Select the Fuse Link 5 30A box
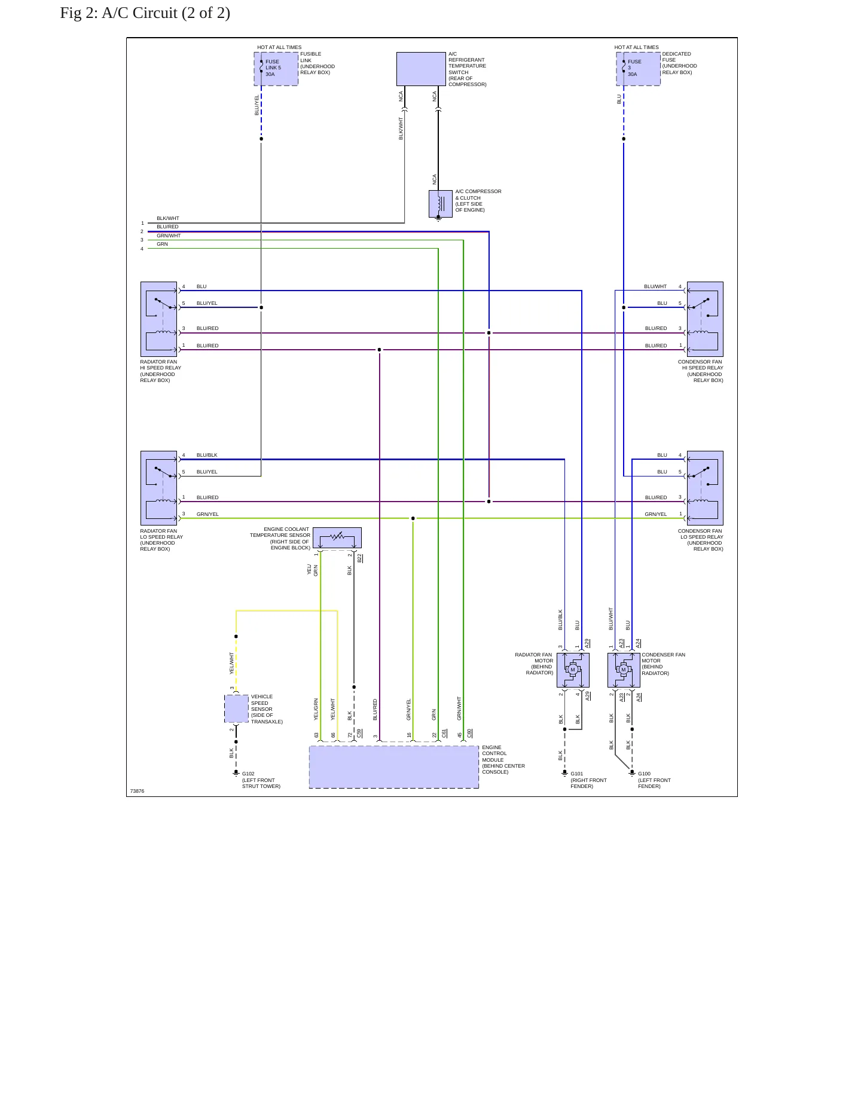click(276, 69)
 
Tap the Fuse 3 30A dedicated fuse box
click(639, 69)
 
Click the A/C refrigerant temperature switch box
click(421, 69)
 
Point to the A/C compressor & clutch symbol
click(441, 204)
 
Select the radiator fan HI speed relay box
click(158, 319)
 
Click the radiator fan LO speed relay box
click(158, 488)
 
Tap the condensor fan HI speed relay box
click(705, 319)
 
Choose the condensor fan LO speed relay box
click(705, 488)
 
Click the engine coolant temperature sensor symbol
click(337, 537)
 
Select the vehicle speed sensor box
click(236, 709)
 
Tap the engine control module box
click(394, 767)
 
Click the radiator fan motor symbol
click(573, 670)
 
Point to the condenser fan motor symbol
click(624, 670)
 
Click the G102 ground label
click(248, 774)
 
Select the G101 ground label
click(577, 774)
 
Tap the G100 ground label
click(645, 774)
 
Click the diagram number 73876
click(137, 791)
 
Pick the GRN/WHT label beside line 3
click(169, 236)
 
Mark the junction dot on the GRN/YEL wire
click(413, 518)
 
